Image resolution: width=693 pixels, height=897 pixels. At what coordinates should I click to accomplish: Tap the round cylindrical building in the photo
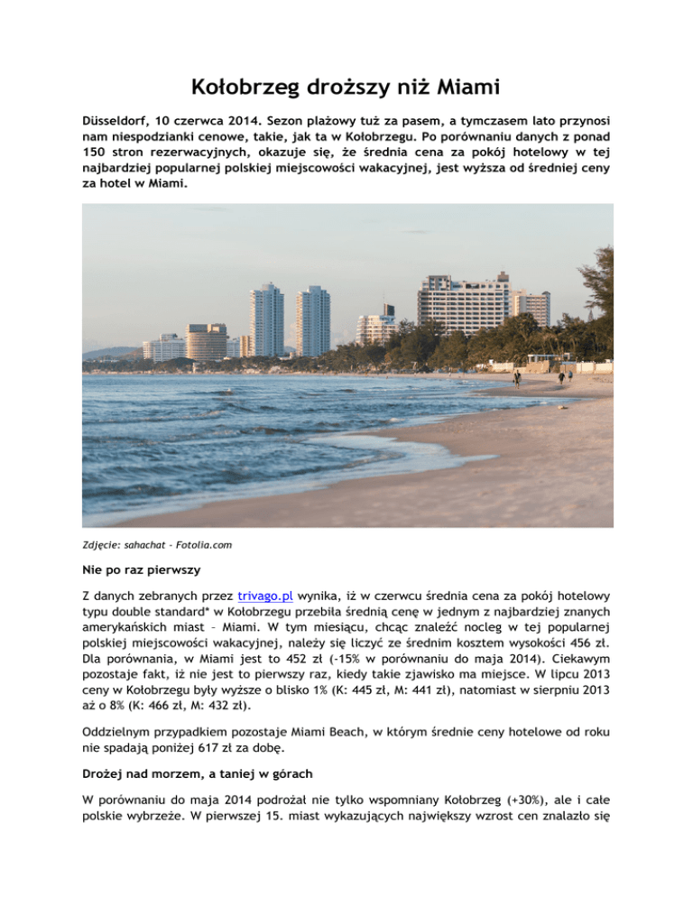pyautogui.click(x=208, y=342)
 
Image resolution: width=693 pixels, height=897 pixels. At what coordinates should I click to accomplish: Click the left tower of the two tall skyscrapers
pyautogui.click(x=267, y=319)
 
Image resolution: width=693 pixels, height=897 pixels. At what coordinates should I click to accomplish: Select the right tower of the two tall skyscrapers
pyautogui.click(x=313, y=320)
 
